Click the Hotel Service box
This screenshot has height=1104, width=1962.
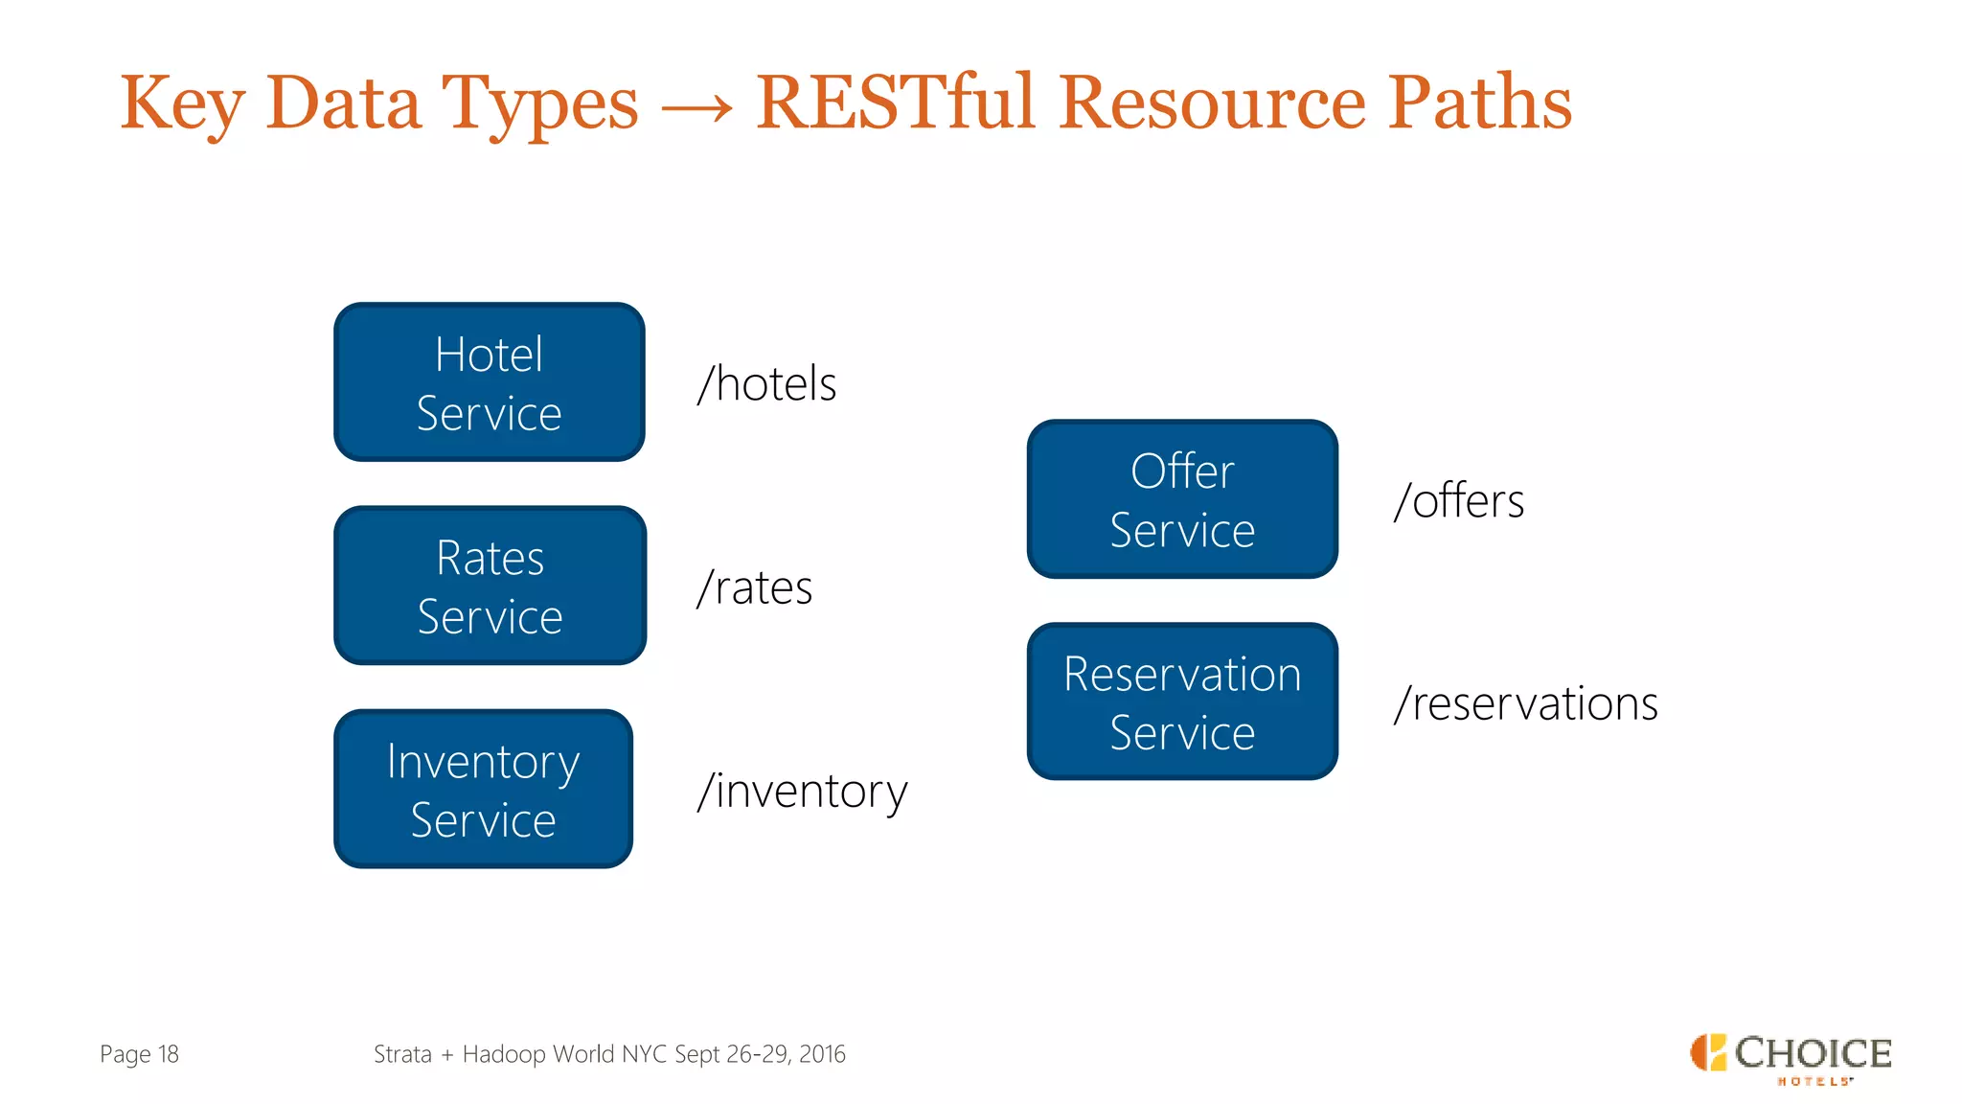point(489,382)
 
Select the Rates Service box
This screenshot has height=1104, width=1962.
point(490,586)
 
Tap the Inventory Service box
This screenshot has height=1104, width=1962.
point(483,789)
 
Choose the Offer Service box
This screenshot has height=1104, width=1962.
point(1182,499)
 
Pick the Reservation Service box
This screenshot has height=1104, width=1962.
point(1182,701)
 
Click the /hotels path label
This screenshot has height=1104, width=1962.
point(766,384)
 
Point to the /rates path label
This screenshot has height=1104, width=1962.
point(755,587)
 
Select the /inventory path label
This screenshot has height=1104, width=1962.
point(802,792)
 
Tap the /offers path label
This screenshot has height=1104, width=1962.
point(1459,501)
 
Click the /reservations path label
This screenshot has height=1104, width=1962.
point(1526,703)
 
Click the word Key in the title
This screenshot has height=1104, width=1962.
point(182,103)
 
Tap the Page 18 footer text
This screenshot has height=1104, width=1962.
point(139,1054)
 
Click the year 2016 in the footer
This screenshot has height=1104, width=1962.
point(822,1054)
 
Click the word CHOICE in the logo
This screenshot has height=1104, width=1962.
point(1813,1053)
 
